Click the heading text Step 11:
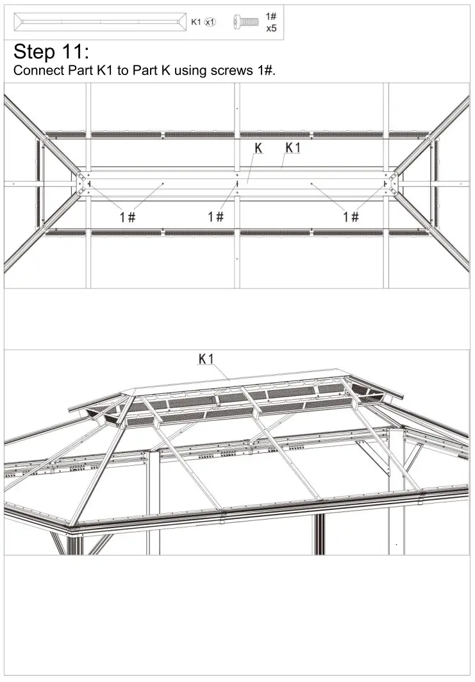[53, 52]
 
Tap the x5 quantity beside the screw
[271, 29]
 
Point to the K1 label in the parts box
[196, 22]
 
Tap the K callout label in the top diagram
[258, 148]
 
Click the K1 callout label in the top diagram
[293, 148]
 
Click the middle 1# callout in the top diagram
[215, 217]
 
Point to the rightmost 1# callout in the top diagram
[351, 217]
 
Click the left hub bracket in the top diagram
[81, 183]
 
